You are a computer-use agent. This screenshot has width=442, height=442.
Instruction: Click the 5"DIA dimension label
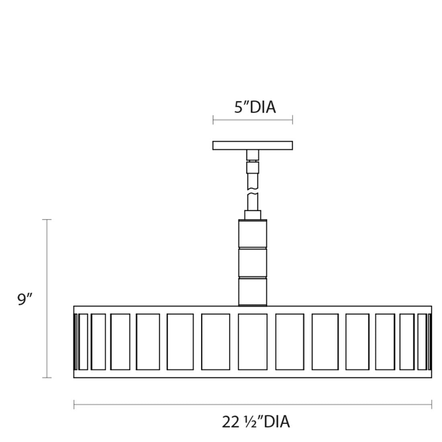[x=255, y=107]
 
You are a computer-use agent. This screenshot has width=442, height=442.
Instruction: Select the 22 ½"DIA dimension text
[x=256, y=422]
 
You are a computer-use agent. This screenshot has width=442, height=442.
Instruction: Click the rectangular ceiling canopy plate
[x=253, y=145]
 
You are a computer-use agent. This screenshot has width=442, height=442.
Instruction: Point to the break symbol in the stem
[x=253, y=191]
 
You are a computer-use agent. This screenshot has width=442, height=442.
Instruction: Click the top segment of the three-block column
[x=253, y=234]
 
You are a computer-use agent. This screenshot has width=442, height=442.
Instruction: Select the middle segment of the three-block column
[x=253, y=263]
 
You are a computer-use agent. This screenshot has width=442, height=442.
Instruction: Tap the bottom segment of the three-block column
[x=253, y=291]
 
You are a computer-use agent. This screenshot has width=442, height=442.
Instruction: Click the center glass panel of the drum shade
[x=253, y=342]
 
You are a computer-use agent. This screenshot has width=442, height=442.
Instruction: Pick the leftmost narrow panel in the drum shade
[x=83, y=342]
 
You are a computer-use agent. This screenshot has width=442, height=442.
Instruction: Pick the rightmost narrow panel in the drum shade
[x=422, y=342]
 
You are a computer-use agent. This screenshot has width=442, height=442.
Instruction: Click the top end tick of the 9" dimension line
[x=47, y=219]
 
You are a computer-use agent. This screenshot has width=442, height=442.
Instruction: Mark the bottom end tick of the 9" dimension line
[x=47, y=377]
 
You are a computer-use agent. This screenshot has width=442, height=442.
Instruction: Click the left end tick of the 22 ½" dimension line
[x=74, y=405]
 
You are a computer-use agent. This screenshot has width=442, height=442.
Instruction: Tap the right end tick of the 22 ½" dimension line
[x=432, y=405]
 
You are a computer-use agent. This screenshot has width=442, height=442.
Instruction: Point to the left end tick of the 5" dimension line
[x=213, y=120]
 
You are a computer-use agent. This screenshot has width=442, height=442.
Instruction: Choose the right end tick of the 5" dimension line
[x=292, y=120]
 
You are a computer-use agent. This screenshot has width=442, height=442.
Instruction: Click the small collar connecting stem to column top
[x=253, y=215]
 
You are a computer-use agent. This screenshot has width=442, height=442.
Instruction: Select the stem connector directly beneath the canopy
[x=253, y=155]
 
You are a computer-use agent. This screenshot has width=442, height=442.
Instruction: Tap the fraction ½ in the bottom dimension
[x=251, y=422]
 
